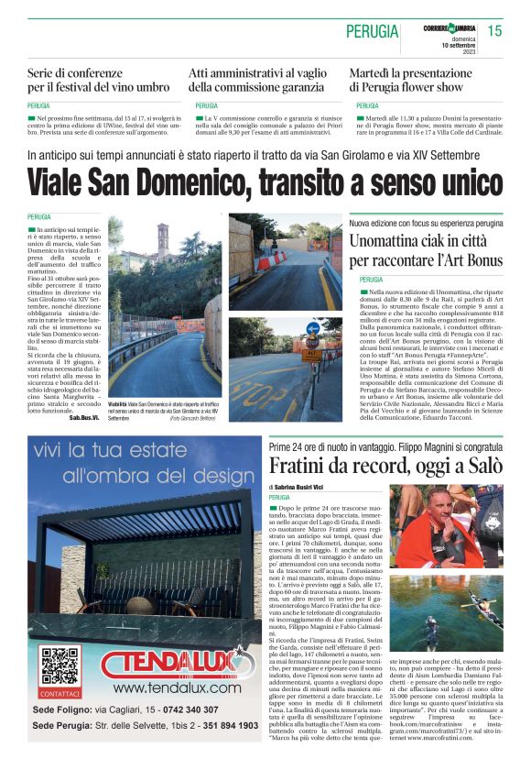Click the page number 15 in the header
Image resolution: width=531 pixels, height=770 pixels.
(x=494, y=31)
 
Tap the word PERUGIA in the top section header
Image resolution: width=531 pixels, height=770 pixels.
(x=372, y=32)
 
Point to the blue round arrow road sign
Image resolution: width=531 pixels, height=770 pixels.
(x=313, y=327)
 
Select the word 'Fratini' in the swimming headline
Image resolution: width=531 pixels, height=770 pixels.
(x=303, y=465)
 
